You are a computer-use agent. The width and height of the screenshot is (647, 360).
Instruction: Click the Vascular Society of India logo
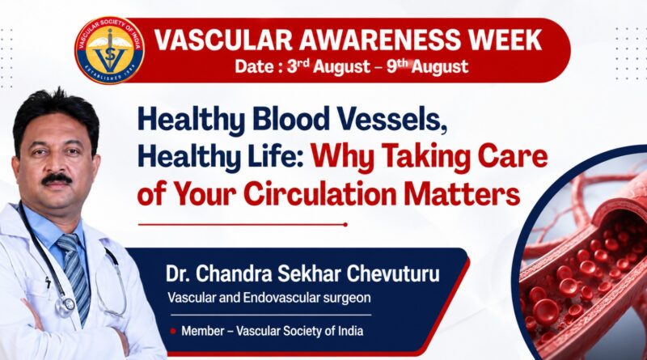(109, 50)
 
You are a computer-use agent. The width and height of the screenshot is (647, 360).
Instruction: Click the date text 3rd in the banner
(298, 66)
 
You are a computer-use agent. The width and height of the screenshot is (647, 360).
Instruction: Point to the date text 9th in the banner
(397, 66)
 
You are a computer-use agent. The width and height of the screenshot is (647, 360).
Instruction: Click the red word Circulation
(319, 193)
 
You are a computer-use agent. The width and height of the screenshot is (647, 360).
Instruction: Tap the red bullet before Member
(173, 331)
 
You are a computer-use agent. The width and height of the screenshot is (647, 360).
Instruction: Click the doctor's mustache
(57, 178)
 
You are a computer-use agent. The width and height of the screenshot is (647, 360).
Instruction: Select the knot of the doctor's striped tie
(69, 243)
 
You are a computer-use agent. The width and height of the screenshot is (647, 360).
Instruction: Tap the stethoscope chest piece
(66, 306)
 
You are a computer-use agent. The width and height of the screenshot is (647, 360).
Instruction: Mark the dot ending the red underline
(345, 225)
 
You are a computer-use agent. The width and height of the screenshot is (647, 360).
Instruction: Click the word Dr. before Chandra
(177, 274)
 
